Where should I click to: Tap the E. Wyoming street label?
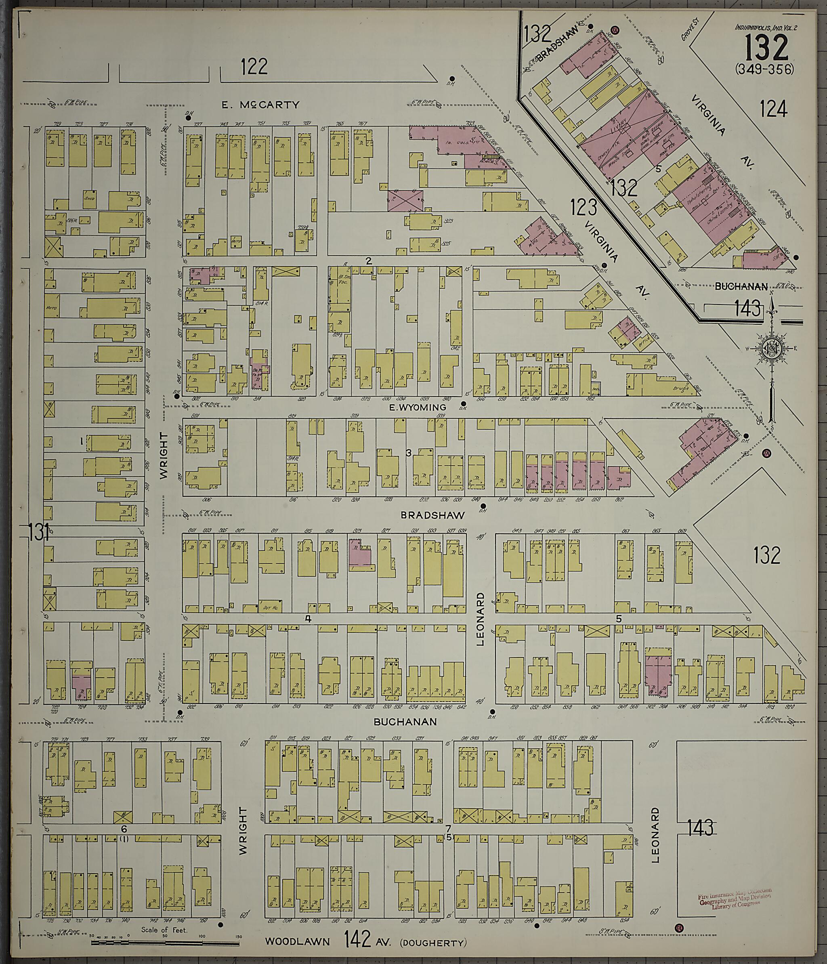click(417, 407)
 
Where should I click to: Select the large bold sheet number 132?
click(766, 48)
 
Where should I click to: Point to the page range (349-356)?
click(765, 69)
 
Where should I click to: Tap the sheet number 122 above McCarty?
click(254, 67)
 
